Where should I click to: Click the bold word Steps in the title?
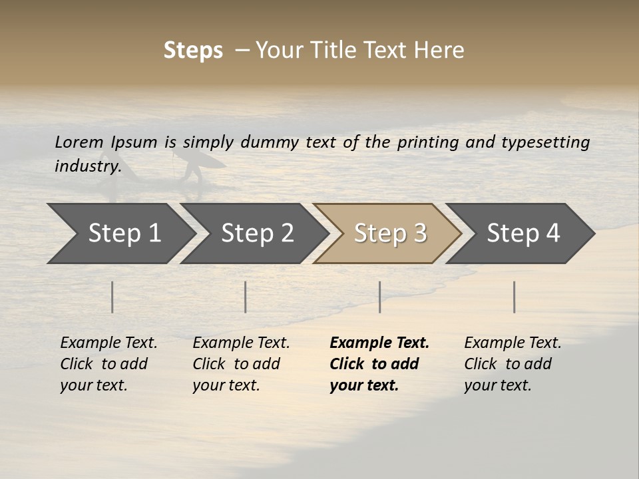[193, 51]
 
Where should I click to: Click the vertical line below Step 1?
[112, 297]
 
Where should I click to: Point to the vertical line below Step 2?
[246, 297]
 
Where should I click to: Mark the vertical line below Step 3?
[380, 297]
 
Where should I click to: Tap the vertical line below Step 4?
[515, 297]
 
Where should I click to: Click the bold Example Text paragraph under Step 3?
[379, 364]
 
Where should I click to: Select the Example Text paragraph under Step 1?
[108, 364]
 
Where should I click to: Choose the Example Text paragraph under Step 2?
[241, 364]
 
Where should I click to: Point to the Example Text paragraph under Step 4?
[512, 364]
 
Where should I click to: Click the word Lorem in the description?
[79, 142]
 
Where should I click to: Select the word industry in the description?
[87, 166]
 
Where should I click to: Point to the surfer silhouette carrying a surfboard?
[194, 165]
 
